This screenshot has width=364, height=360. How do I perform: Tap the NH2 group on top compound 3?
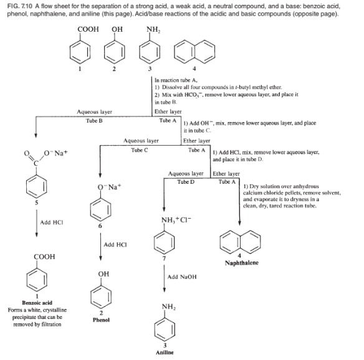tap(151, 28)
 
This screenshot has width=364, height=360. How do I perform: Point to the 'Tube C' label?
tap(138, 149)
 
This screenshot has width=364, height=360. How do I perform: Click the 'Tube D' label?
tap(186, 181)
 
